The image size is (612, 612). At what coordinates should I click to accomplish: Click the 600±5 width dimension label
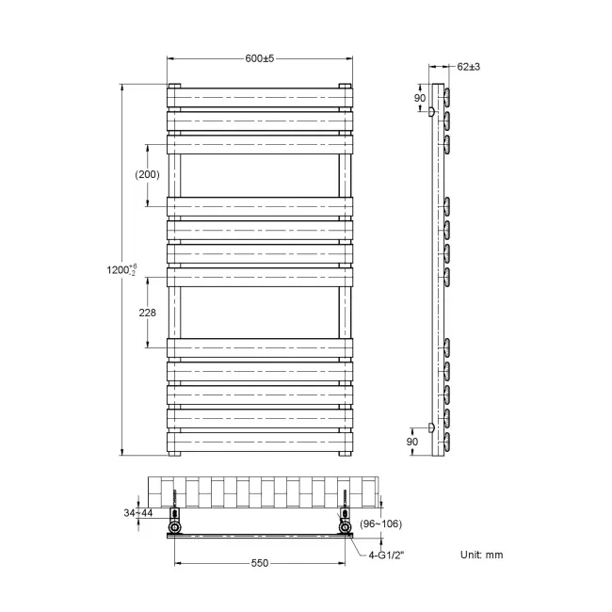(x=259, y=58)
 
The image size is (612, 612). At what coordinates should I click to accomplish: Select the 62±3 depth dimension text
(x=469, y=67)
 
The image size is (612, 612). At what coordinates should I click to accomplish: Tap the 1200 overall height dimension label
(x=123, y=271)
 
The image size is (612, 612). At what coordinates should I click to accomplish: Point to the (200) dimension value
(x=147, y=174)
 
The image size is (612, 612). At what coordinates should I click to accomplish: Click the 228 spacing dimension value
(x=146, y=313)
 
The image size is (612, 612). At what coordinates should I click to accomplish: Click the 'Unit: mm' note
(x=482, y=555)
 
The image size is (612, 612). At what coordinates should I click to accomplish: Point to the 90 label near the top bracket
(x=421, y=99)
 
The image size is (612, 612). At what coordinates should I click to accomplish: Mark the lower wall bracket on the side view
(x=432, y=427)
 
